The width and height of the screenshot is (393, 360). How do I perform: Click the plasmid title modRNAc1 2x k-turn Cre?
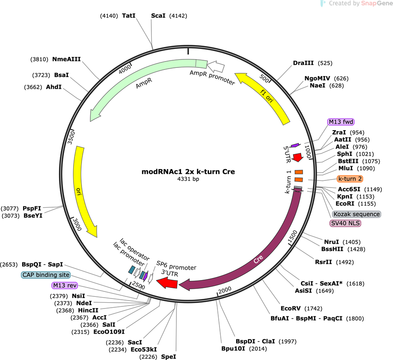coord(188,172)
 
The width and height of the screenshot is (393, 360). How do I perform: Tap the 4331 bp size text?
coord(188,179)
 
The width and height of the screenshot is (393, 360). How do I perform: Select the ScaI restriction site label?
coord(158,15)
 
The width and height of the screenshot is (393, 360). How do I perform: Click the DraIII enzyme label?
coord(303,63)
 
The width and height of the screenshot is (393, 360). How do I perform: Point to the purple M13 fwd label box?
coord(341,122)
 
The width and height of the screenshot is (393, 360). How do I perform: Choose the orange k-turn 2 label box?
coord(350,179)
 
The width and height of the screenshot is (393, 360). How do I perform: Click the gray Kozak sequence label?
coord(356,214)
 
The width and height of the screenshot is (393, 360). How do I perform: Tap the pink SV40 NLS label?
coord(345,223)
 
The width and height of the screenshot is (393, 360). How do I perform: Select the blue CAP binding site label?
coord(46,275)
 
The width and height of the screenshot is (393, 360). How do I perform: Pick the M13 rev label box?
coord(65,285)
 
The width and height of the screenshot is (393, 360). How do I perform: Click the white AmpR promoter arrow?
coord(216,67)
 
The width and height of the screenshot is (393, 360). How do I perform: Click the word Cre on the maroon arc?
coord(258,259)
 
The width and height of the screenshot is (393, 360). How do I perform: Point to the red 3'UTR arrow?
coord(167,283)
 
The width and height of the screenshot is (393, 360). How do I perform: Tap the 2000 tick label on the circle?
coord(225,290)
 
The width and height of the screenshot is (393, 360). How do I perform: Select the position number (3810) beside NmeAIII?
coord(39,59)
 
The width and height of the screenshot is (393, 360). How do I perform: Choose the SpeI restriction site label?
coord(168,357)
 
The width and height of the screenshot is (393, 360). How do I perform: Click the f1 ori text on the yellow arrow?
coord(266,96)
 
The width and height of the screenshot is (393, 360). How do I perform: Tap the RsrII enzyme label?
coord(324,262)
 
